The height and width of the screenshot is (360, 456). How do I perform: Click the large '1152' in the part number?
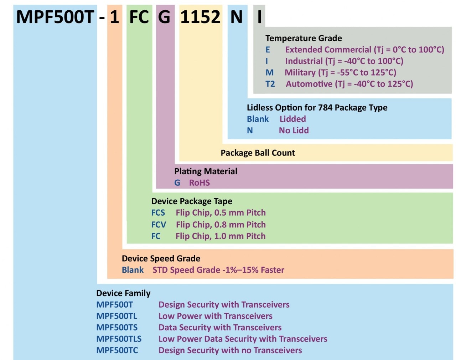(x=200, y=17)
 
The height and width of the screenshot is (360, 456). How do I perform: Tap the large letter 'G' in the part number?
(x=164, y=17)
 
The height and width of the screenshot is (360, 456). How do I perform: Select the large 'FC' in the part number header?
(x=139, y=17)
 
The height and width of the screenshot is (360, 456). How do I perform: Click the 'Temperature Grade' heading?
(x=304, y=38)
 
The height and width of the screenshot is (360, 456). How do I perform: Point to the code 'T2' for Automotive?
(x=270, y=84)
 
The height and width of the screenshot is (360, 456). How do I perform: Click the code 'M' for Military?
(x=270, y=72)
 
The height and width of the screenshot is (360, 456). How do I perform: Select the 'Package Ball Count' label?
(x=258, y=153)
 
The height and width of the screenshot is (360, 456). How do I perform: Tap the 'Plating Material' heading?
(x=206, y=171)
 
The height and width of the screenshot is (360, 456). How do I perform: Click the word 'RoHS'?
(x=199, y=183)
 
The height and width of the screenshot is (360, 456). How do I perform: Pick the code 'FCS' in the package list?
(x=158, y=213)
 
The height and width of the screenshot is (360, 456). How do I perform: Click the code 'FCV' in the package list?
(x=159, y=225)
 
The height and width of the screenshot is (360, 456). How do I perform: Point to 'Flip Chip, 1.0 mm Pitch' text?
(x=221, y=236)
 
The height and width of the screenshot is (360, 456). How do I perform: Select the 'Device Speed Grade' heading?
(x=161, y=258)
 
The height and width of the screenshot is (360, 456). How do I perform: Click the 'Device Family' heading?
(x=123, y=293)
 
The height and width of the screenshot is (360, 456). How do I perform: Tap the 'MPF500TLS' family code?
(x=119, y=339)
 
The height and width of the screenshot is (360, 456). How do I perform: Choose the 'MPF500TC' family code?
(x=117, y=350)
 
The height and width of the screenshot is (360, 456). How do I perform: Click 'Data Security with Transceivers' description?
(x=220, y=327)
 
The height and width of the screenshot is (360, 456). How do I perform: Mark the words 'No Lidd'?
(x=294, y=130)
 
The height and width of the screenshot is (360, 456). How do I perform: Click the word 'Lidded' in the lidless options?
(x=292, y=119)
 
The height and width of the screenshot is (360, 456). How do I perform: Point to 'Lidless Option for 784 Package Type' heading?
(x=317, y=108)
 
